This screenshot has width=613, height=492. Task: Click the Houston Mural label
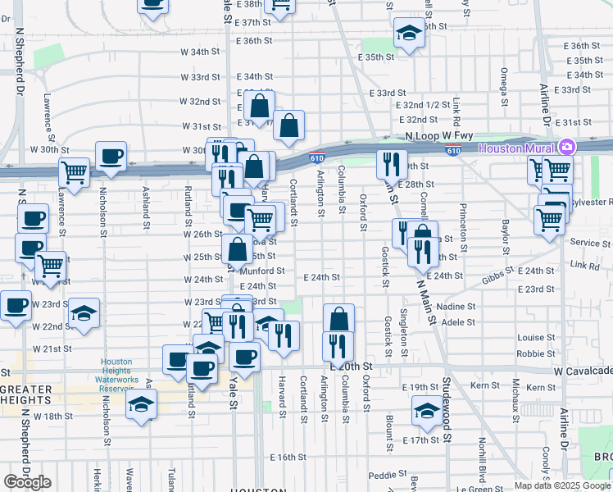[515, 148]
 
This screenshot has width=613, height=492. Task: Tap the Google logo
[27, 482]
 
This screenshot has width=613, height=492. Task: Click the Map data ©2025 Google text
[562, 485]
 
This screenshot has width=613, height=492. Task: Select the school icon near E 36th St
[408, 34]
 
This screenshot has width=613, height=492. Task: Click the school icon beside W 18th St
[142, 404]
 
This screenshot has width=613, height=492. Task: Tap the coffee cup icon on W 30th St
[111, 155]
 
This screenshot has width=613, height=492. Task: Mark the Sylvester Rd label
[588, 201]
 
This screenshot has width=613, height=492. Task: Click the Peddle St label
[383, 475]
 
